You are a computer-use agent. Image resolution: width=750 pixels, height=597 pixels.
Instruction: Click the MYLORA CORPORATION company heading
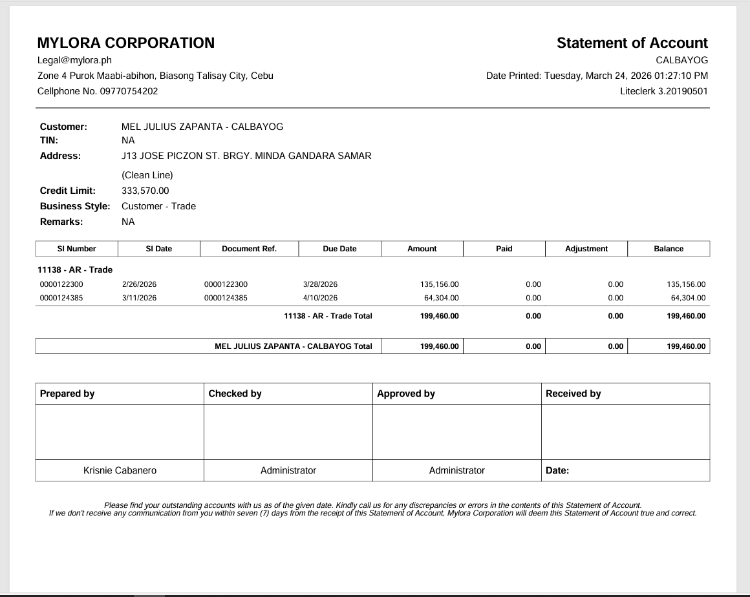tap(126, 43)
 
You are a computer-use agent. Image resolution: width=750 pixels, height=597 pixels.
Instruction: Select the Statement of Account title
tap(632, 43)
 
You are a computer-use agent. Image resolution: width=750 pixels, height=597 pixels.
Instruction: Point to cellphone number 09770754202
tap(129, 91)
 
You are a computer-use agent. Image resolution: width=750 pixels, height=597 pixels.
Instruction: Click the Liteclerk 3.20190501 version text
tap(663, 91)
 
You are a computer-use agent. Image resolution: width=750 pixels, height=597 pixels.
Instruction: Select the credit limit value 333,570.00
tap(145, 191)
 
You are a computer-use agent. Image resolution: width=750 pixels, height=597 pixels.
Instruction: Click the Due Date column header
tap(339, 249)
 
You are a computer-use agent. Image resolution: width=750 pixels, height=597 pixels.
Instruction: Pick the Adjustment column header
tap(586, 249)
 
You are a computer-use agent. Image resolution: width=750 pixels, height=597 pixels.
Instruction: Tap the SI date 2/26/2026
tap(139, 284)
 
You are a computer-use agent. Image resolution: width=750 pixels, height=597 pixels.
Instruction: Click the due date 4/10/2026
tap(320, 298)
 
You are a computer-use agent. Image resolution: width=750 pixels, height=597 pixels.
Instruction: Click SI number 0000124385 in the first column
tap(61, 298)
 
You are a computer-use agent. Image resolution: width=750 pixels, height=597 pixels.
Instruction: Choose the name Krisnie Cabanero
tap(120, 470)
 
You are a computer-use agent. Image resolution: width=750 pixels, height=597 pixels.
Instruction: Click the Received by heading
tap(573, 393)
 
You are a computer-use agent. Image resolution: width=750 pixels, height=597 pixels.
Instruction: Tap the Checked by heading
tap(235, 393)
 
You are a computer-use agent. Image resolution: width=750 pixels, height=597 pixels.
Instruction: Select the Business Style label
tap(76, 206)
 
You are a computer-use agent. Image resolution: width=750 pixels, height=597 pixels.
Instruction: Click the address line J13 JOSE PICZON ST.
tap(246, 156)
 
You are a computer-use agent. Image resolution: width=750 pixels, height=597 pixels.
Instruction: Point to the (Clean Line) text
tap(147, 175)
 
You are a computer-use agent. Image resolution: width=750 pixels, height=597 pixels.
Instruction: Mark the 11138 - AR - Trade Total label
tap(328, 316)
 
